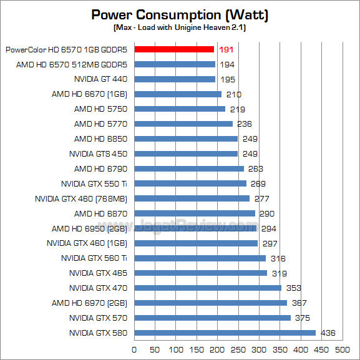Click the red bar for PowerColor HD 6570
174,49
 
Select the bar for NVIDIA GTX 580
225,333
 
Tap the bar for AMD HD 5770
183,124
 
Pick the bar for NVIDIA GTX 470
208,288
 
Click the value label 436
328,333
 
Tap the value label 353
294,288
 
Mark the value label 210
234,94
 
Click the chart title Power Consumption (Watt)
180,15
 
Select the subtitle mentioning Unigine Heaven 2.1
180,28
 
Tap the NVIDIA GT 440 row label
100,79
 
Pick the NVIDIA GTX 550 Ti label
94,183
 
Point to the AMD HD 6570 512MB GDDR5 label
72,64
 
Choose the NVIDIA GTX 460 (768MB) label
82,198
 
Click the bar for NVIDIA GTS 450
186,153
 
